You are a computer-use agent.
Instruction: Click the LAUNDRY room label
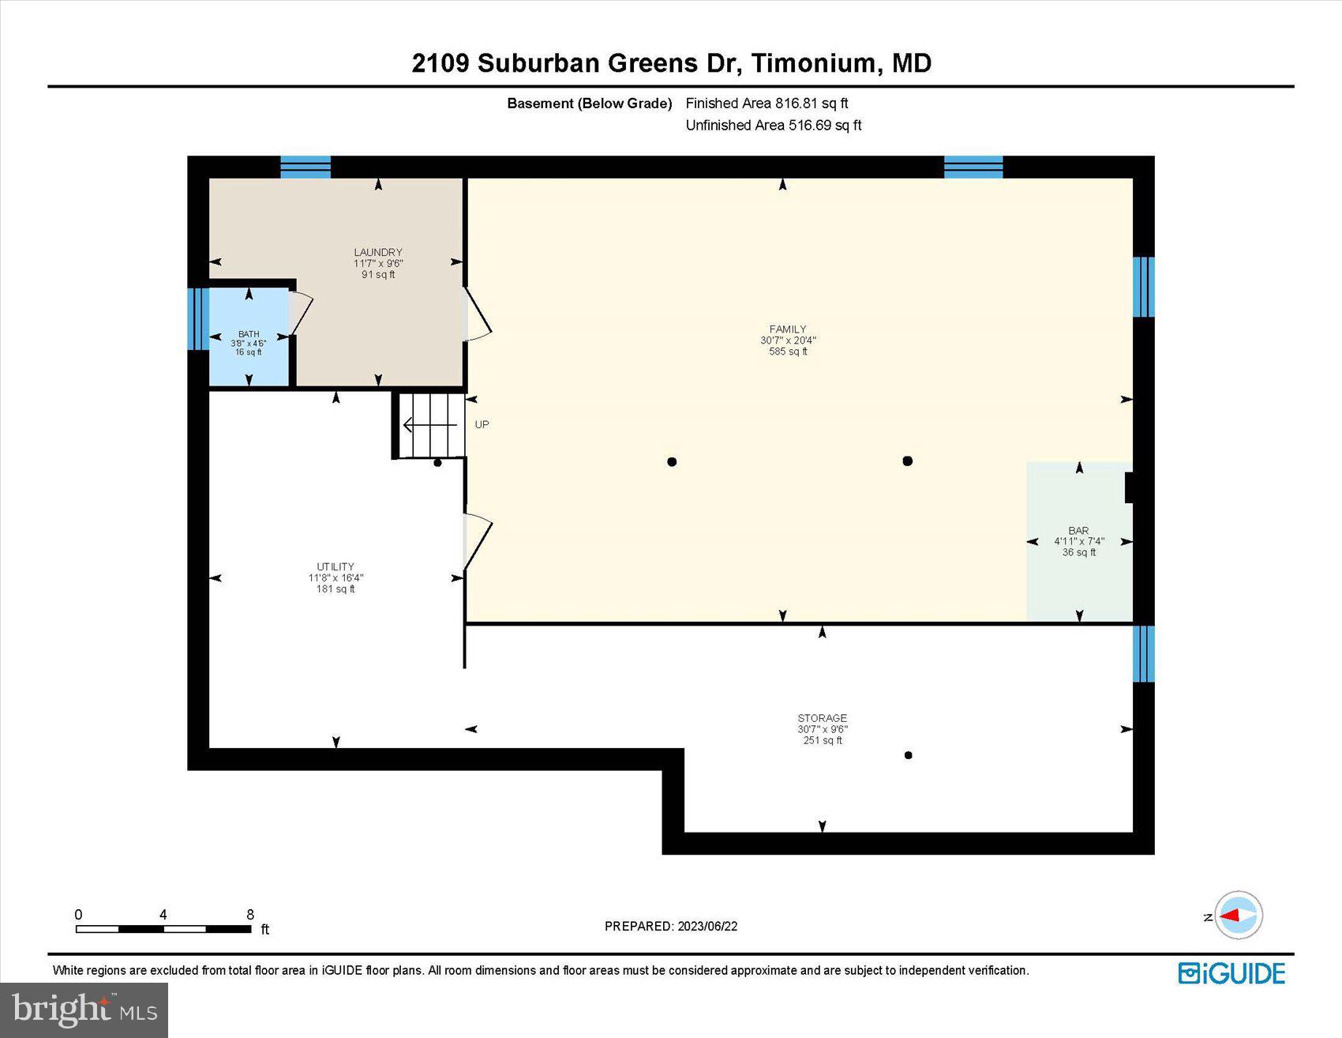[x=378, y=253]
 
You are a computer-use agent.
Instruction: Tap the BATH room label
[x=249, y=334]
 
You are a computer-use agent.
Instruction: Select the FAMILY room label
[x=788, y=329]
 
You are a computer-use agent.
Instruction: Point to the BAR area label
[x=1078, y=531]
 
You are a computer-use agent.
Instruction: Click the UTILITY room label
[x=335, y=566]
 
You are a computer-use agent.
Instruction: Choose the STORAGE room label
[x=822, y=719]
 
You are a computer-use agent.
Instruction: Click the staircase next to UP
[x=429, y=426]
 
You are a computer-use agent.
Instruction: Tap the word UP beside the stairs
[x=482, y=425]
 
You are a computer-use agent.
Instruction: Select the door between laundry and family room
[x=477, y=314]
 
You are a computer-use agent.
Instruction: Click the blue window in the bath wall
[x=197, y=319]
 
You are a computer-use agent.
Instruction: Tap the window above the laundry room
[x=306, y=167]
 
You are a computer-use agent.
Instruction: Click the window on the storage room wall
[x=1143, y=654]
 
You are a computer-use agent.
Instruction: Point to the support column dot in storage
[x=908, y=755]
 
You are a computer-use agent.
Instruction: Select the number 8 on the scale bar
[x=250, y=915]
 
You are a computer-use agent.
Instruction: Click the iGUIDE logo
[x=1231, y=973]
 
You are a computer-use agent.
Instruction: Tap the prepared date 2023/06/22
[x=707, y=926]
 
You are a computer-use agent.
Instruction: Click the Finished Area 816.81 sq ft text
[x=767, y=103]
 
